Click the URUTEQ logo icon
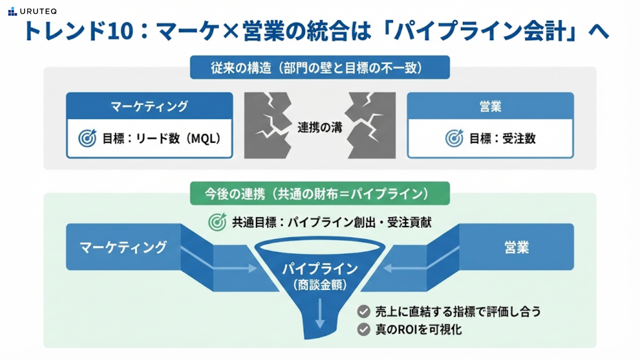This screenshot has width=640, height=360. point(12,12)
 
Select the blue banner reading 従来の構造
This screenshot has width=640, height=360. point(320,68)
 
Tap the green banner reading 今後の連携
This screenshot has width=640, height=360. point(320,194)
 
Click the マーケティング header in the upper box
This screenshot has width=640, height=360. point(149,106)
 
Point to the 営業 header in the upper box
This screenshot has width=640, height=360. point(490,106)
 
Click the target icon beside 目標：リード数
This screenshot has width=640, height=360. point(87,138)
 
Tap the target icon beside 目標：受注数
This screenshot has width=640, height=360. point(454,138)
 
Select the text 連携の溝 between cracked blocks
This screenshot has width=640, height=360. point(320,127)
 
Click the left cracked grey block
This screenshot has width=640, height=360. point(267,125)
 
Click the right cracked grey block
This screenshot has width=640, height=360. point(373,125)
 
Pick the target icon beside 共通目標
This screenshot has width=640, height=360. point(217,222)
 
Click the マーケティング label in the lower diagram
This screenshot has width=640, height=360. point(123,247)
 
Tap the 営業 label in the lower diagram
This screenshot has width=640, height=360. point(516,247)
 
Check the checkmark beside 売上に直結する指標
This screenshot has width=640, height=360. point(364,312)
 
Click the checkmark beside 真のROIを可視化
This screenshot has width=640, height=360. point(364,330)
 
